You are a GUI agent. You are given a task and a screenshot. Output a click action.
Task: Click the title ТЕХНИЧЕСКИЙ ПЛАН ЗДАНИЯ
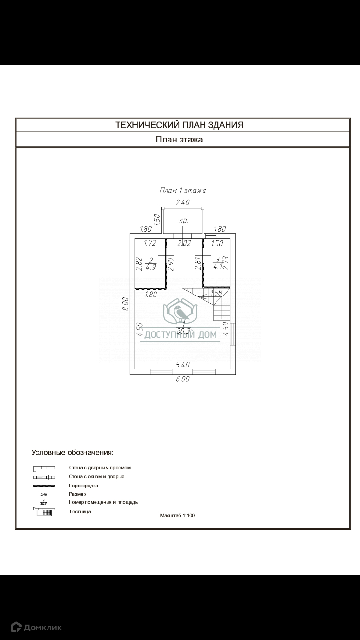pyautogui.click(x=179, y=125)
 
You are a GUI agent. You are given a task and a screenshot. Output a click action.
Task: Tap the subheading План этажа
pyautogui.click(x=179, y=140)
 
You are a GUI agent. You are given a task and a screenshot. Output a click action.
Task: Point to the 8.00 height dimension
pyautogui.click(x=125, y=304)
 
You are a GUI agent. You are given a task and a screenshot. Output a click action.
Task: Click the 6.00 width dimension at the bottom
pyautogui.click(x=182, y=379)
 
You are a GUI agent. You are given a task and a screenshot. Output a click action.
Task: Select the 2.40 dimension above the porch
pyautogui.click(x=182, y=203)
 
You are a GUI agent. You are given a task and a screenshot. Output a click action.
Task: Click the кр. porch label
pyautogui.click(x=183, y=221)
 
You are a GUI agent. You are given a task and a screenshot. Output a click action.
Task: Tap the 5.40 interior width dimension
pyautogui.click(x=182, y=365)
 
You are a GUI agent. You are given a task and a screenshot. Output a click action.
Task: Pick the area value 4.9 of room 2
pyautogui.click(x=151, y=267)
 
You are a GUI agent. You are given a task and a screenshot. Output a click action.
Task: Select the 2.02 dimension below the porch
pyautogui.click(x=184, y=243)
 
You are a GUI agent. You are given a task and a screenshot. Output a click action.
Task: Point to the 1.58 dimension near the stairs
pyautogui.click(x=216, y=293)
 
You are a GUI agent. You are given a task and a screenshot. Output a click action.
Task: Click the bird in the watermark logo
pyautogui.click(x=181, y=312)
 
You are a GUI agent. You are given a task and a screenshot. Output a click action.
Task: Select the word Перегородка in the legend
pyautogui.click(x=84, y=486)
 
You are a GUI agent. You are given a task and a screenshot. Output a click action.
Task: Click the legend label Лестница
pyautogui.click(x=80, y=512)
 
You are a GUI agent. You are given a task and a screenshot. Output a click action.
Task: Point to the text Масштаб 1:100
pyautogui.click(x=178, y=516)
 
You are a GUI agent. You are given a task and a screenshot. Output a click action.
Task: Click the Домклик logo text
pyautogui.click(x=43, y=627)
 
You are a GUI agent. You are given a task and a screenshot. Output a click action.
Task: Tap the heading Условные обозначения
pyautogui.click(x=72, y=452)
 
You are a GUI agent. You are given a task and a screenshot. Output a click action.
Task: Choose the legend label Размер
pyautogui.click(x=77, y=494)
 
